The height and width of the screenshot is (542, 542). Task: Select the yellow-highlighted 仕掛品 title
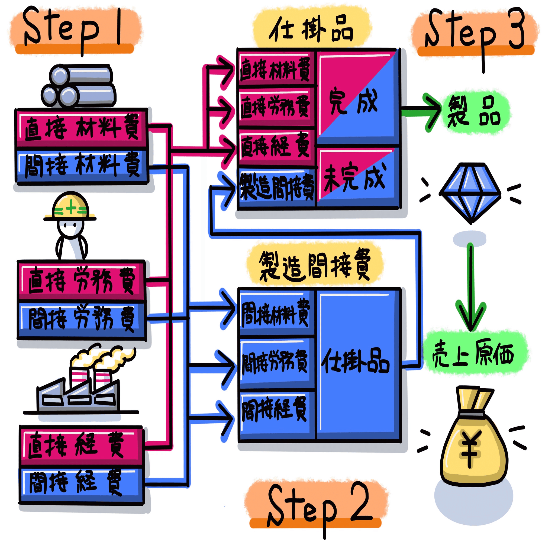311,28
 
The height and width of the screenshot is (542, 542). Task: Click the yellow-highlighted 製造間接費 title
314,265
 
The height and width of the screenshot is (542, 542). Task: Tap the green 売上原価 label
474,353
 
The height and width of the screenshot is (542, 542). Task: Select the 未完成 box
358,177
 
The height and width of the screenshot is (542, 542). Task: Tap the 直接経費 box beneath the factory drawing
81,446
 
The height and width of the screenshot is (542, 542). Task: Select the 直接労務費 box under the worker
81,280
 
